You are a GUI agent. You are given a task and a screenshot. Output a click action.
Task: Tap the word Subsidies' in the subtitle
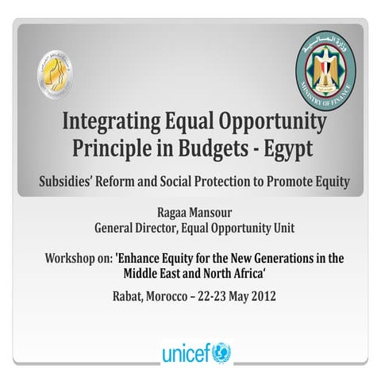(x=72, y=181)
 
